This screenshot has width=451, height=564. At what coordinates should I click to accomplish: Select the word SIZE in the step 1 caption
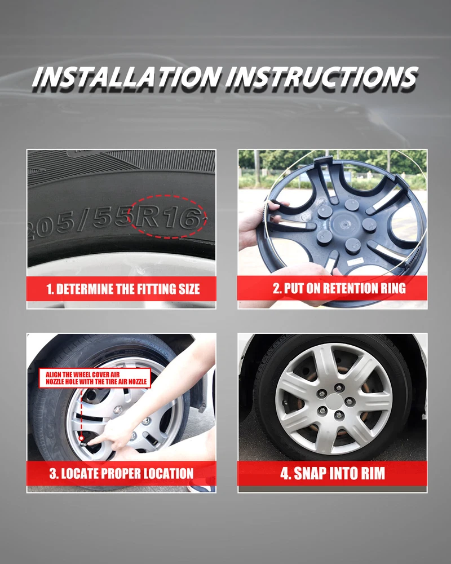pos(189,289)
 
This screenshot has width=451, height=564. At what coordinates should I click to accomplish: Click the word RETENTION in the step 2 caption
pos(348,288)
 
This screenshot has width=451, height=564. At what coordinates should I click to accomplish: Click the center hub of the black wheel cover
pos(342,224)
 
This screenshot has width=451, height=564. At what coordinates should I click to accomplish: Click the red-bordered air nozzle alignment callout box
pos(95,378)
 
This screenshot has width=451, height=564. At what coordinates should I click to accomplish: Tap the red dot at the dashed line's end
pos(82,438)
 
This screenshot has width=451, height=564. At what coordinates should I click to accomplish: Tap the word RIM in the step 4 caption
pos(372,473)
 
